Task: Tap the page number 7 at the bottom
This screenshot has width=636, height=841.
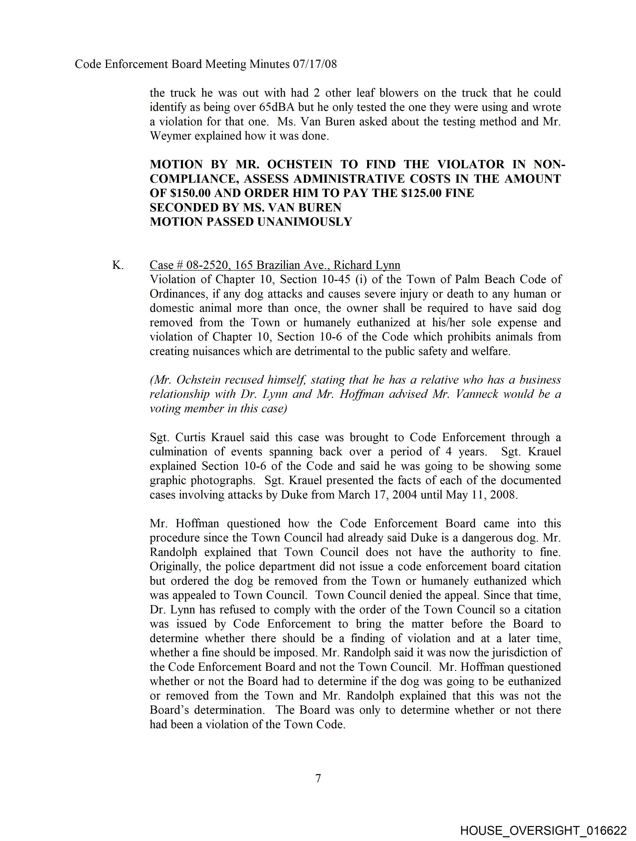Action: click(318, 779)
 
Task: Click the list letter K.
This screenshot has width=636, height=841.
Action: click(117, 265)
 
